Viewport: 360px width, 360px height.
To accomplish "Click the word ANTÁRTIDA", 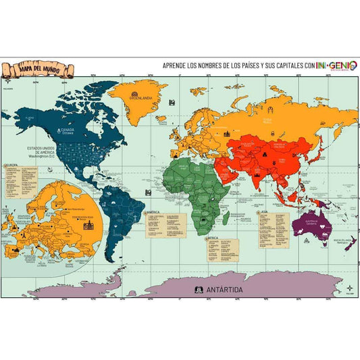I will tap(216, 290).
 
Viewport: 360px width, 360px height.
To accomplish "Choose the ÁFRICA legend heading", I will tap(213, 238).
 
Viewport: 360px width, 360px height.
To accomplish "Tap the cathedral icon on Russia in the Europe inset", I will tap(88, 224).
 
